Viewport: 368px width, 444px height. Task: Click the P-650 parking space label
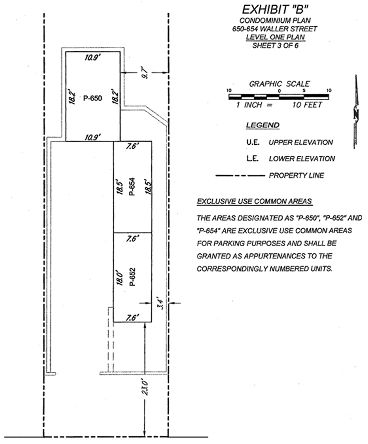click(x=92, y=98)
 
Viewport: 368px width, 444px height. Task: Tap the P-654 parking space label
click(x=132, y=186)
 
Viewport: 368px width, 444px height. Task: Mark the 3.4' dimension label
click(x=160, y=303)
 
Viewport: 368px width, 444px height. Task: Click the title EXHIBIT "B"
click(x=275, y=10)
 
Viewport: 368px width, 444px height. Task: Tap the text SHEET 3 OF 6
click(x=275, y=45)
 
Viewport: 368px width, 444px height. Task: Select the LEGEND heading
click(x=262, y=125)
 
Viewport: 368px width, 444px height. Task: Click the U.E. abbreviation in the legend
click(x=253, y=142)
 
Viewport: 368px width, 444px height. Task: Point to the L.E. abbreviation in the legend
click(x=252, y=158)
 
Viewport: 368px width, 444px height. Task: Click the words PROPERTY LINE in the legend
click(x=296, y=175)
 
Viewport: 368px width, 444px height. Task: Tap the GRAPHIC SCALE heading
click(x=279, y=84)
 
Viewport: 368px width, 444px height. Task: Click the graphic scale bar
click(x=279, y=97)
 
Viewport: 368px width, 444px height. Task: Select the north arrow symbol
click(x=356, y=112)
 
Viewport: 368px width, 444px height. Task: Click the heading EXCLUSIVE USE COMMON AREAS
click(x=254, y=201)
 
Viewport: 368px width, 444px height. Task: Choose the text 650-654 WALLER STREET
click(x=274, y=29)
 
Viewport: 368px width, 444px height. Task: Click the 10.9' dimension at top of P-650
click(x=92, y=57)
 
